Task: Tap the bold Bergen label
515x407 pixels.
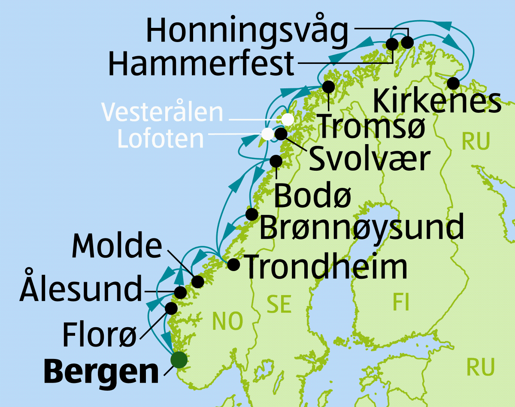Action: point(101,372)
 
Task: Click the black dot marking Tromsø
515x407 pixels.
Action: point(328,87)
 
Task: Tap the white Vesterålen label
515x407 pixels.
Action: point(162,112)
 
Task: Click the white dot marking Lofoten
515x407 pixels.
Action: point(267,134)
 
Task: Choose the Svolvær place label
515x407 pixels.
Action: point(369,159)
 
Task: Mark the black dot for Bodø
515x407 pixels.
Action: point(276,161)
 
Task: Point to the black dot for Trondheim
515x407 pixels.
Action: point(233,264)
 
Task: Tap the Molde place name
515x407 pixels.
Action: point(117,246)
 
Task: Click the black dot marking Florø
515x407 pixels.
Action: point(171,308)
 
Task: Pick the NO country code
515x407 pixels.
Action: point(227,322)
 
